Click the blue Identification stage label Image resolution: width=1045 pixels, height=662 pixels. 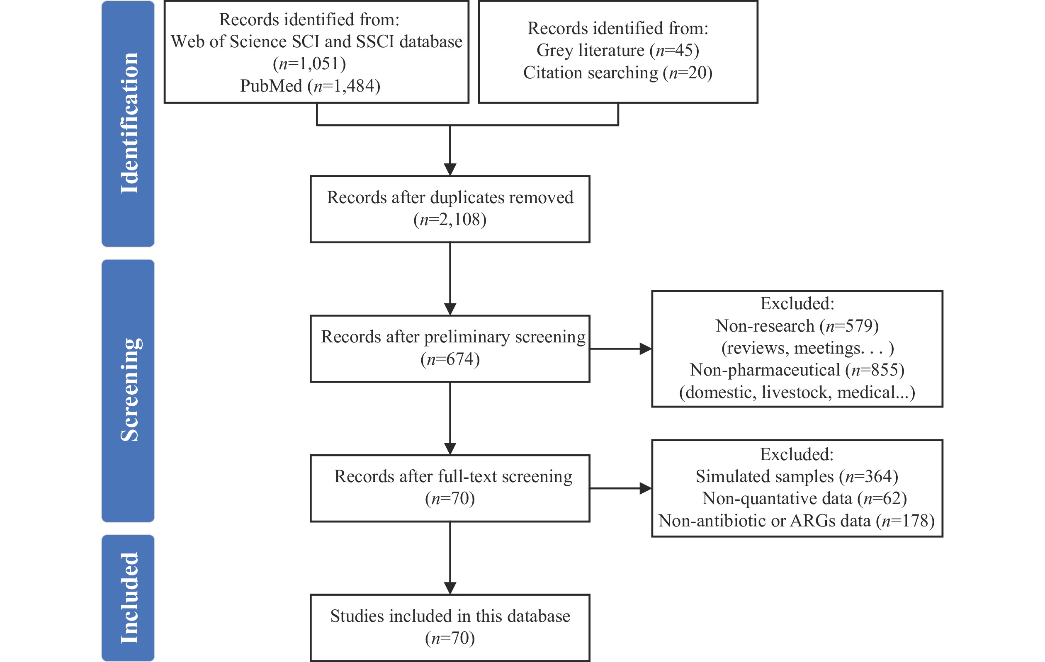[128, 124]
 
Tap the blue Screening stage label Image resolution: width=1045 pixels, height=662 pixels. [128, 390]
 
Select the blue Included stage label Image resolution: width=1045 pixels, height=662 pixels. [128, 598]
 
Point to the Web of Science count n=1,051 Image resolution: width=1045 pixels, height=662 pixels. [309, 64]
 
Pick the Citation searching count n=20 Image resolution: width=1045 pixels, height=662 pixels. [688, 73]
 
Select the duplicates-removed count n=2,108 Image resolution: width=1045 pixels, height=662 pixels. [450, 220]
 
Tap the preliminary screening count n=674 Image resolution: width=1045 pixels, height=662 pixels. [450, 359]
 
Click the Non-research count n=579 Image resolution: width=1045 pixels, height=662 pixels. [849, 326]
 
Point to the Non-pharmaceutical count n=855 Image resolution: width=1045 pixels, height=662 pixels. [875, 370]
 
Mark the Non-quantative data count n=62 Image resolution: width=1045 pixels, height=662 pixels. [882, 498]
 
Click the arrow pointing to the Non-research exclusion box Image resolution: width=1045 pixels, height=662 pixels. [621, 348]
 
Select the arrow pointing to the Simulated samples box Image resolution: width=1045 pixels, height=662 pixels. [621, 488]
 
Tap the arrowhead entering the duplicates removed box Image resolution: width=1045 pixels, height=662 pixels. [450, 169]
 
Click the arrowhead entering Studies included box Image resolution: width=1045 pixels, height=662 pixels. [450, 588]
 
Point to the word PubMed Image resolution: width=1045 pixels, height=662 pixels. [271, 86]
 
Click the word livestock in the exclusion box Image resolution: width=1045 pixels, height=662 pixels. [797, 392]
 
